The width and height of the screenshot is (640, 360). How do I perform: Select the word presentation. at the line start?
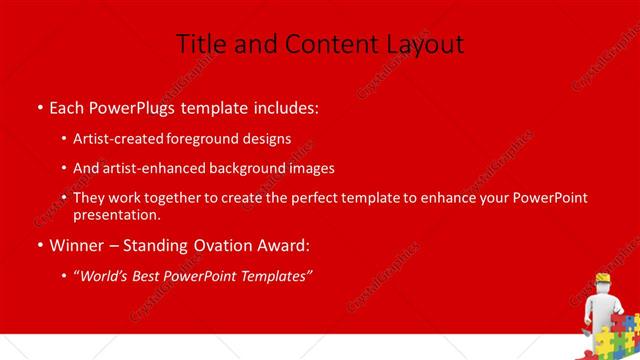(116, 214)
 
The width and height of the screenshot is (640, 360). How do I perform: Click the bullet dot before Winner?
(39, 245)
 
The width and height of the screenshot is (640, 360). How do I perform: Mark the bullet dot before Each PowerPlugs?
(39, 107)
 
